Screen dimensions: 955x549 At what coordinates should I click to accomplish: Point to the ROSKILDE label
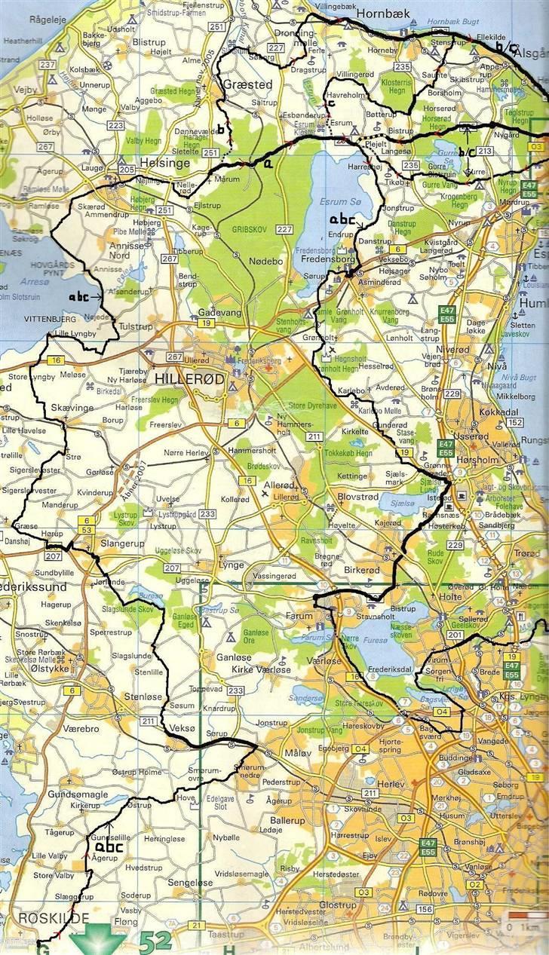pos(44,918)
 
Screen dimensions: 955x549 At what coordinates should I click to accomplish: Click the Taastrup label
pos(227,932)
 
